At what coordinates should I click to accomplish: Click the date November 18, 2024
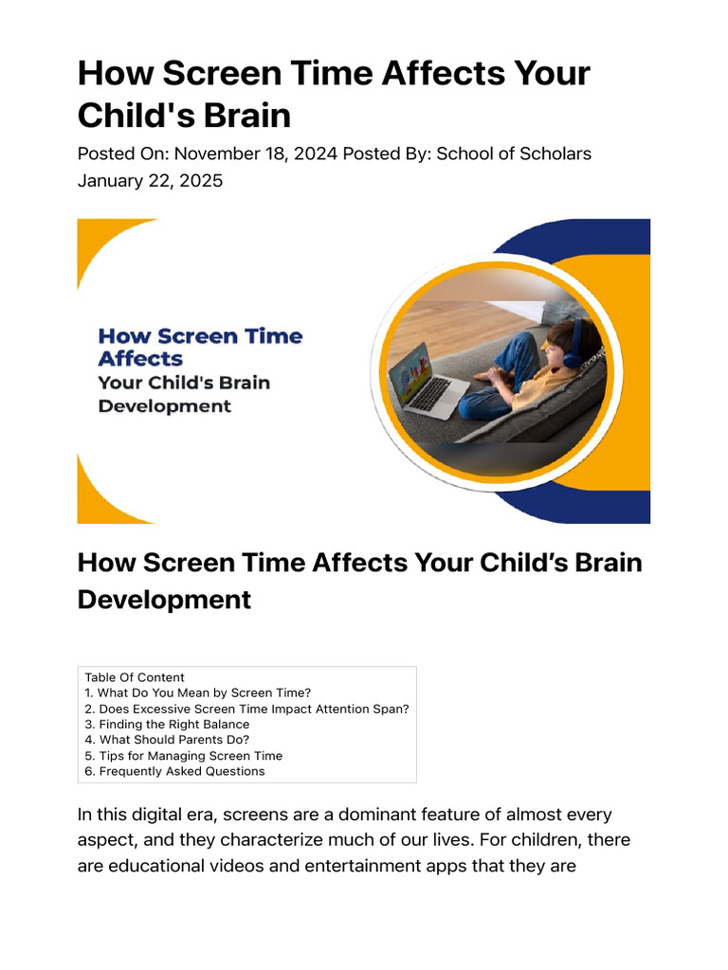256,153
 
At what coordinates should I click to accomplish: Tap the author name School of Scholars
513,153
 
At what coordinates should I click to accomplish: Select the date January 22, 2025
150,180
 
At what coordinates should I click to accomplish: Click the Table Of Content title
135,677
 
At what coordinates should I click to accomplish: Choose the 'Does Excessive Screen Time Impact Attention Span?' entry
246,709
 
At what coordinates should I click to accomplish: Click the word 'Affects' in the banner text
140,359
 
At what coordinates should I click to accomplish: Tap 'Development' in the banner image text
165,406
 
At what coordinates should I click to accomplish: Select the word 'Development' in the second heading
164,600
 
